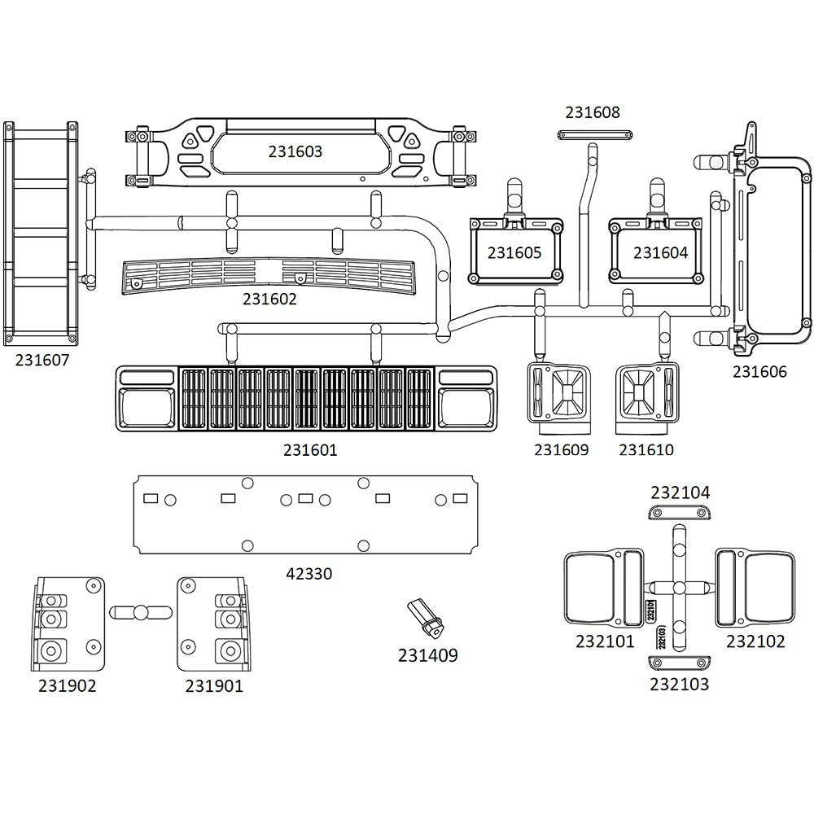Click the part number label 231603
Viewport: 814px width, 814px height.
click(x=295, y=151)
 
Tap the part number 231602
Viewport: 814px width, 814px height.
click(x=269, y=299)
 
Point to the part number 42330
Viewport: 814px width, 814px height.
click(x=309, y=574)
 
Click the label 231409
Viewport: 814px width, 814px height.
click(x=427, y=654)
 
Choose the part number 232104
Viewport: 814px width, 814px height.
click(x=680, y=492)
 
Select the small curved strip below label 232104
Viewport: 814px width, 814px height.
click(x=680, y=511)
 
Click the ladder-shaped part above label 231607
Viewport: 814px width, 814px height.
click(x=41, y=232)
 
